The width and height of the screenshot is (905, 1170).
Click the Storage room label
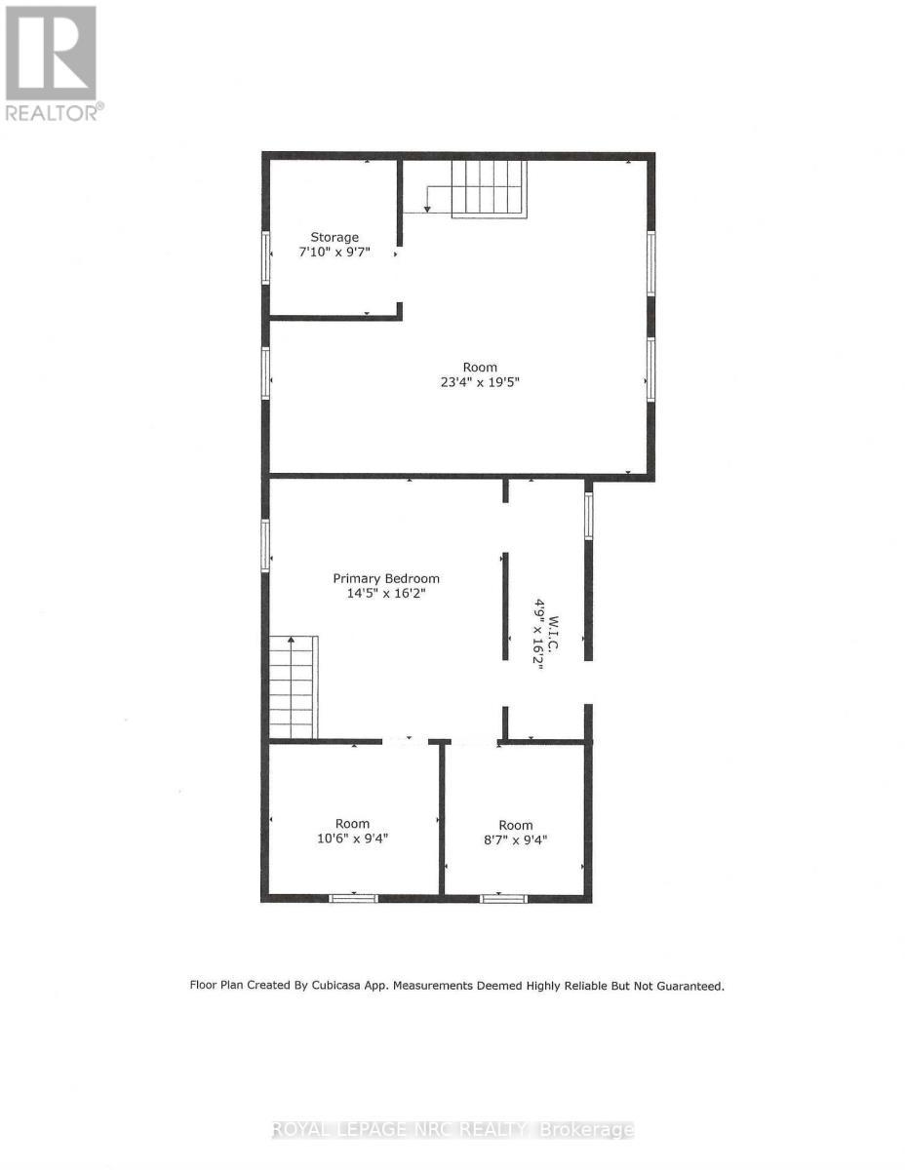334,237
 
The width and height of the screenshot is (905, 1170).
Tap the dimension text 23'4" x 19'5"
479,382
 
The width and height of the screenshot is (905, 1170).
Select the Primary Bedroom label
386,578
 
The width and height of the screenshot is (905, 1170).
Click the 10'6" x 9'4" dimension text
353,838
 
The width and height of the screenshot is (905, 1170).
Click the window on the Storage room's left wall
265,257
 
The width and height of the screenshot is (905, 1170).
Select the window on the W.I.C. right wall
588,516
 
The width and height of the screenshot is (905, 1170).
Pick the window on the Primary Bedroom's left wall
265,545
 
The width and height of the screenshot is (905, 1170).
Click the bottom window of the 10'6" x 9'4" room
353,898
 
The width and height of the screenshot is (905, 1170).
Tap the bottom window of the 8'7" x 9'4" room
503,898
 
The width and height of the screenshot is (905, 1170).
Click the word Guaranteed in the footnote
689,986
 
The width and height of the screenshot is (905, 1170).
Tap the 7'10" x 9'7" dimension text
334,252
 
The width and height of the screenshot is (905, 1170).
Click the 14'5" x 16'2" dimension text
386,593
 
